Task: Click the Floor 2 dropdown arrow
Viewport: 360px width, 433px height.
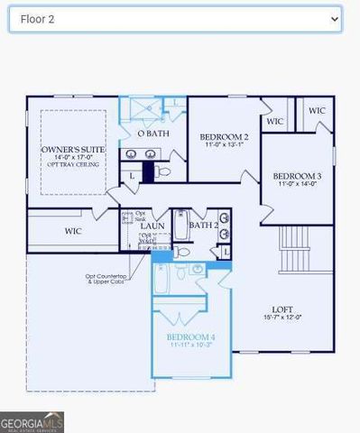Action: click(334, 18)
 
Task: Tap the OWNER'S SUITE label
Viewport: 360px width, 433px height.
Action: click(73, 148)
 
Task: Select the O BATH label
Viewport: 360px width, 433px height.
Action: click(152, 134)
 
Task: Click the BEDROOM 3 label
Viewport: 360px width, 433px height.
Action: click(297, 175)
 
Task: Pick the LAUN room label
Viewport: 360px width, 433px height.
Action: click(152, 226)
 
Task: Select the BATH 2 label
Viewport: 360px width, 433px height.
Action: click(203, 226)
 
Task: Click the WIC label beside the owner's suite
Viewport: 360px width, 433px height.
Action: click(73, 231)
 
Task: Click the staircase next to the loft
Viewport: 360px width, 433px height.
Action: click(295, 249)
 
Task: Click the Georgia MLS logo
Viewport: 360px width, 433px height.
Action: click(32, 422)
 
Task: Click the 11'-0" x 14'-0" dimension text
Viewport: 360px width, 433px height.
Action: click(297, 184)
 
